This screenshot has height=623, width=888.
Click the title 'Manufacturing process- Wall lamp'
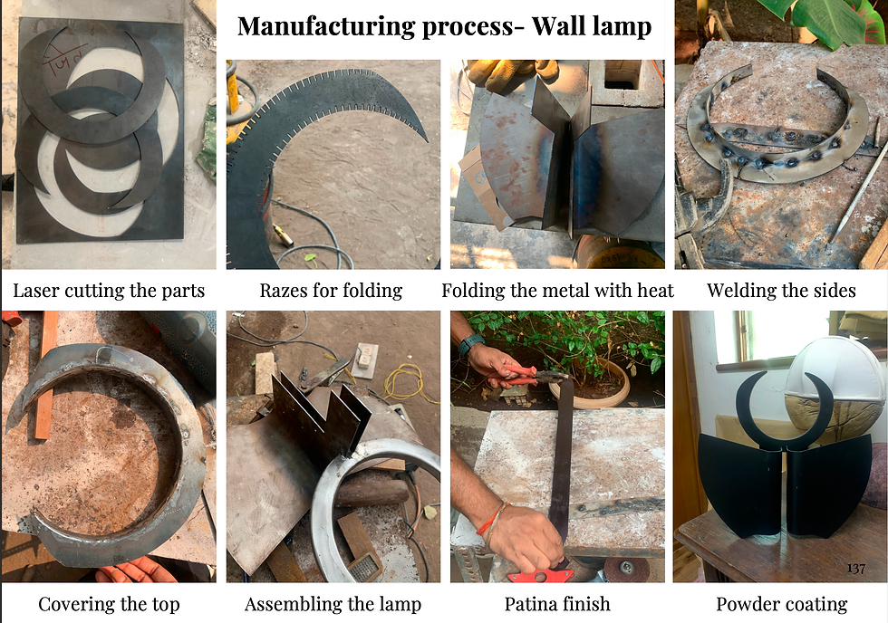445,26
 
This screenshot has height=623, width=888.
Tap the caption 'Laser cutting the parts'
109,291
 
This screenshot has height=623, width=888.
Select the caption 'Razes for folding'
332,291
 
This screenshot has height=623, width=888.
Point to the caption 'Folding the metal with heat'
558,291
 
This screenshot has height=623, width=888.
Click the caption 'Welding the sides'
781,291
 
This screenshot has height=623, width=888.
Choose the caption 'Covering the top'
109,604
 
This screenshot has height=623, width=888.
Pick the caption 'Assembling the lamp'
333,604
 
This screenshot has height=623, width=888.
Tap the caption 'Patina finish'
558,604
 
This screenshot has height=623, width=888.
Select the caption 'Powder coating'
781,604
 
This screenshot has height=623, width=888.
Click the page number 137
856,569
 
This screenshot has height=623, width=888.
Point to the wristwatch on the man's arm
469,343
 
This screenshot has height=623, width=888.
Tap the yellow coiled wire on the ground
403,382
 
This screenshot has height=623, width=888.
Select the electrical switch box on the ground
365,360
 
